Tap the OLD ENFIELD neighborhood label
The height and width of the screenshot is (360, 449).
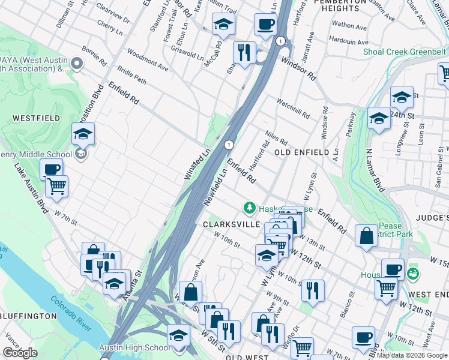[x=301, y=152]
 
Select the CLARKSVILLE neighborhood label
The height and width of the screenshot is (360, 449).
[x=231, y=224]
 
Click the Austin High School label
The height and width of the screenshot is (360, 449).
[x=142, y=347]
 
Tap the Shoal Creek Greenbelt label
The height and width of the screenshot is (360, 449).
[x=404, y=52]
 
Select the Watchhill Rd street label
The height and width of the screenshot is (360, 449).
[x=293, y=107]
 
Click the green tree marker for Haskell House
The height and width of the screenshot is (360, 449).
[x=249, y=208]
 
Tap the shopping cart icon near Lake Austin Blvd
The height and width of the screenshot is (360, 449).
[x=56, y=185]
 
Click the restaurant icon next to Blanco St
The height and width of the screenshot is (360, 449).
[x=312, y=290]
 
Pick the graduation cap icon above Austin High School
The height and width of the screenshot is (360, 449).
[x=178, y=334]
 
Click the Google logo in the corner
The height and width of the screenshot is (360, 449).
[x=20, y=353]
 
